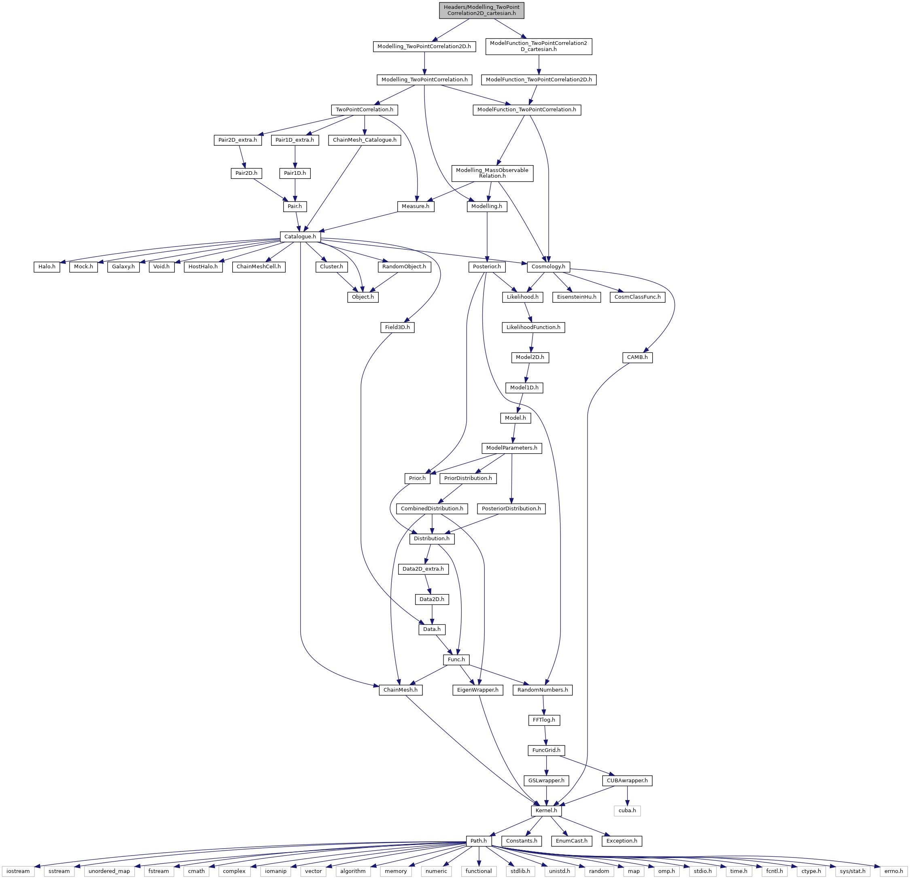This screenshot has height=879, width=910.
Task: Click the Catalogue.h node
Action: point(300,237)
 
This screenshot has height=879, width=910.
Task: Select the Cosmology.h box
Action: point(548,267)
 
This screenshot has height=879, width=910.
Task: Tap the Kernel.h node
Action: point(547,811)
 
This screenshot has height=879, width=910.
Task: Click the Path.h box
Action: point(479,841)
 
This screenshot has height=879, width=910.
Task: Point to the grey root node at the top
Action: point(482,10)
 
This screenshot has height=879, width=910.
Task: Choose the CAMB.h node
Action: point(637,357)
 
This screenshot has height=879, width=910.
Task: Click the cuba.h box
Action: point(627,811)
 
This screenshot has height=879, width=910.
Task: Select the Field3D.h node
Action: point(397,327)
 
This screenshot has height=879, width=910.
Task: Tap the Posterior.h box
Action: point(487,267)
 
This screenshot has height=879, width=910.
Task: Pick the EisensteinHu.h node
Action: point(576,297)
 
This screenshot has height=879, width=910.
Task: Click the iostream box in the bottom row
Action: point(18,871)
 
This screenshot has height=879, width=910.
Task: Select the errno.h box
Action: point(894,871)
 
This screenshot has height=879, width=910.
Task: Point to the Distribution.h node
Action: point(432,539)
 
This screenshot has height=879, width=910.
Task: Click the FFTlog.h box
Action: point(544,720)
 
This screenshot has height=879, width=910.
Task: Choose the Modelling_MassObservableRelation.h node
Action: point(492,173)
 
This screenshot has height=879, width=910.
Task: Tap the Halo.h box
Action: point(47,267)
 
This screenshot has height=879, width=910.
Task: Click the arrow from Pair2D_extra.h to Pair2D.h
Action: point(242,157)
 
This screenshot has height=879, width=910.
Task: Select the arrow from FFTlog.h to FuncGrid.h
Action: point(545,735)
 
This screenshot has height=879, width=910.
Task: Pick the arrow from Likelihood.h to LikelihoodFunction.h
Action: point(528,312)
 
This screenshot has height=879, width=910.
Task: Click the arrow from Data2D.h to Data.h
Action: point(432,614)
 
